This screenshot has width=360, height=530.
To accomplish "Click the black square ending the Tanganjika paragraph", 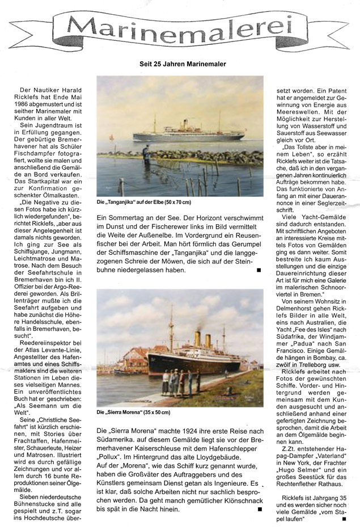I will coord(259,270).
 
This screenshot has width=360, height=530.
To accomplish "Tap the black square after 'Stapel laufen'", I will coord(344,518).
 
